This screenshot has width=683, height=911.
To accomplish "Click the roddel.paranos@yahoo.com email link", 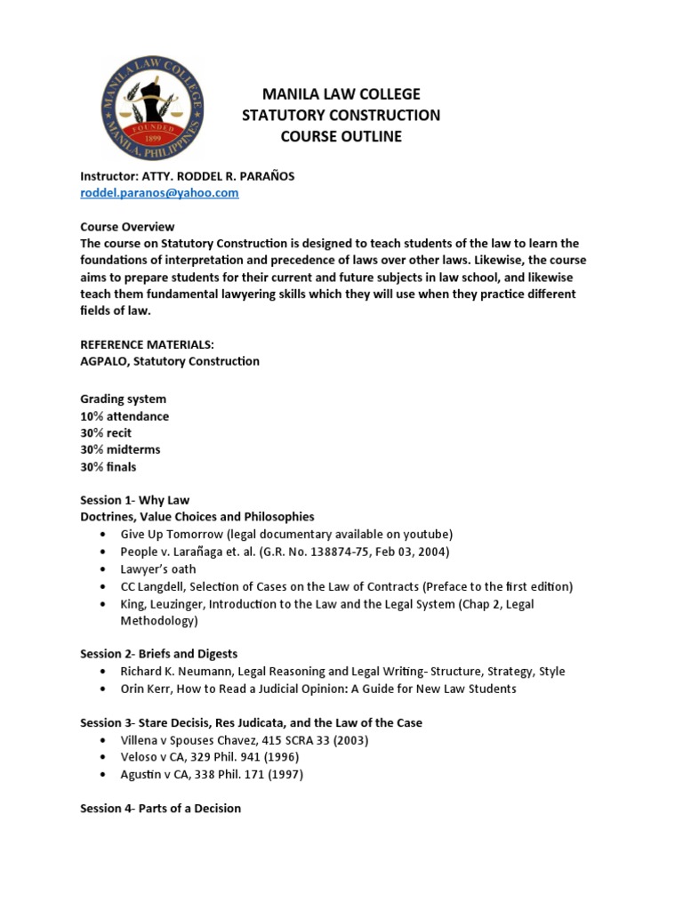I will tap(159, 193).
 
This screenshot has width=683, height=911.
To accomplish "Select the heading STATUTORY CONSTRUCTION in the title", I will tap(341, 116).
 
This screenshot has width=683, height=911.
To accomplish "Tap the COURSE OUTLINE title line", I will tap(341, 137).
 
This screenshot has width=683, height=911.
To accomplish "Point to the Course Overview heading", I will tap(127, 227).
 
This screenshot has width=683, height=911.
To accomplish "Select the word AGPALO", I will tap(104, 361).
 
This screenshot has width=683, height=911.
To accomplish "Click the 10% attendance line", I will tap(125, 416).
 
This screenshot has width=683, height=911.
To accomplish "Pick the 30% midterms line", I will tap(120, 449).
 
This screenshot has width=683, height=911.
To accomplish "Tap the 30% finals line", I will tap(108, 466).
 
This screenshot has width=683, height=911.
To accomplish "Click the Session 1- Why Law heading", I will tap(134, 500).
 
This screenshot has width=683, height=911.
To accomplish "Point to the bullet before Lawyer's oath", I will tap(104, 568).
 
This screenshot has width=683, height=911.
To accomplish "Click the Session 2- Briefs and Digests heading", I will tap(158, 654).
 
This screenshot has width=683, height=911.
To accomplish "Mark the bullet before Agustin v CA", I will tap(104, 774).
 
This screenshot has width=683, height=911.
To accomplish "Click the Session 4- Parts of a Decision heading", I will tap(160, 808).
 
